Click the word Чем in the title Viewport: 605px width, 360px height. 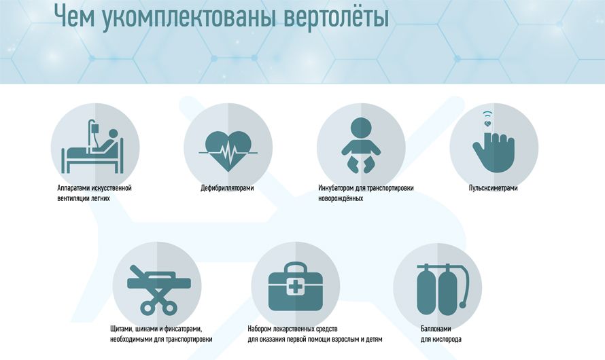point(75,16)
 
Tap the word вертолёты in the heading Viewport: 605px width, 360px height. point(336,18)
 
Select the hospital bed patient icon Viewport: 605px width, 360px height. point(92,147)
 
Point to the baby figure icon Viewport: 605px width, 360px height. point(362,145)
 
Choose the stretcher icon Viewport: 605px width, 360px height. point(158,290)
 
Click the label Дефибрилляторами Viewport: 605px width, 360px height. point(227,188)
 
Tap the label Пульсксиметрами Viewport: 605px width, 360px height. point(493,188)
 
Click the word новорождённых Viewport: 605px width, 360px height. point(341,198)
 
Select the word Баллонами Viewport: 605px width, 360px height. point(436,329)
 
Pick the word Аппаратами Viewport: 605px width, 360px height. point(73,188)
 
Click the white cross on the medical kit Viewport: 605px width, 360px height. point(295,287)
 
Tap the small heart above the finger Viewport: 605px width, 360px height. point(487,124)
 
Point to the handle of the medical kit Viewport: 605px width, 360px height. point(295,264)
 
